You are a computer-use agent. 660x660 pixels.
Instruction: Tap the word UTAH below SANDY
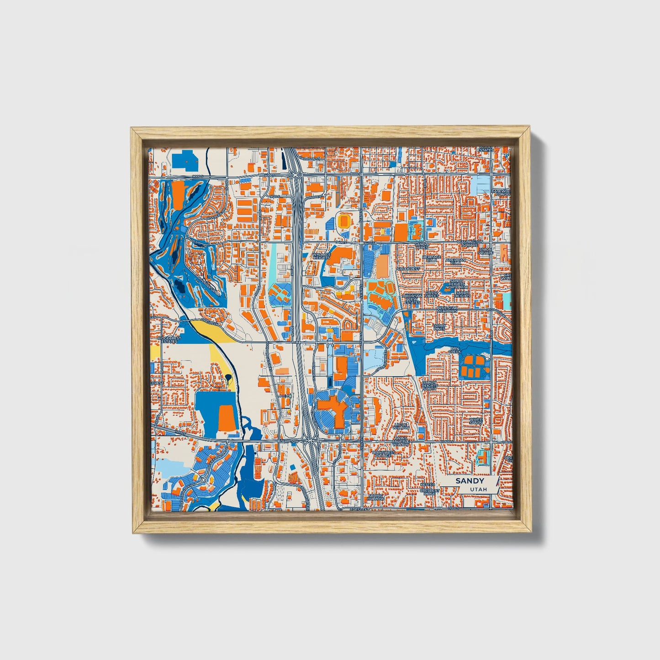pyautogui.click(x=478, y=489)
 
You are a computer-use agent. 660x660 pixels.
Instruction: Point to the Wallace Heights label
pyautogui.click(x=322, y=256)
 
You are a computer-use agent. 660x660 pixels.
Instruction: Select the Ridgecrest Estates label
pyautogui.click(x=170, y=340)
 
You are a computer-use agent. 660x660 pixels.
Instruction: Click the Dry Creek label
pyautogui.click(x=455, y=350)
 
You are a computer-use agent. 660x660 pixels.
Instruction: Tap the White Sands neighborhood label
pyautogui.click(x=475, y=420)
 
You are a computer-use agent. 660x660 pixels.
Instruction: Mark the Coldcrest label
pyautogui.click(x=408, y=269)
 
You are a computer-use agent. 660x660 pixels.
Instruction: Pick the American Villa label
pyautogui.click(x=455, y=261)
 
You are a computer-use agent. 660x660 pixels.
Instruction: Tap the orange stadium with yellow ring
pyautogui.click(x=344, y=222)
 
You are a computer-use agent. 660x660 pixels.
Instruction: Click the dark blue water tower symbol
pyautogui.click(x=227, y=378)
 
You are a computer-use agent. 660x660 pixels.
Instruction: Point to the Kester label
pyautogui.click(x=428, y=484)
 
